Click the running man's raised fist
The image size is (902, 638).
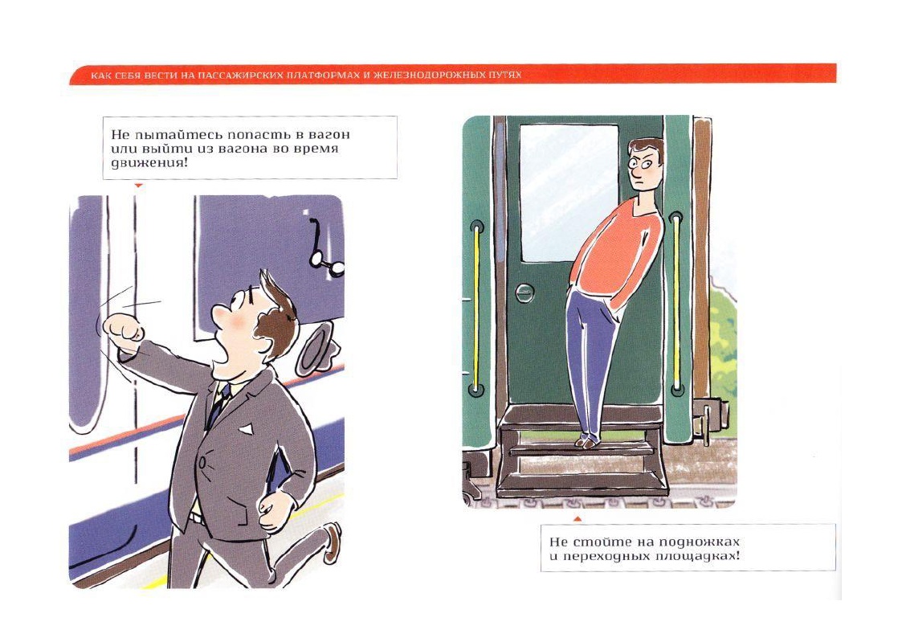pos(124,329)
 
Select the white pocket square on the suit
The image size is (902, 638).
pos(247,428)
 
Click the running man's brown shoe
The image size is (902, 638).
pos(332,542)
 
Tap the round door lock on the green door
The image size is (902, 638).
pos(524,292)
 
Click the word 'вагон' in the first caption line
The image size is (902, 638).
pos(329,135)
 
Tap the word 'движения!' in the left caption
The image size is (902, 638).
pos(149,163)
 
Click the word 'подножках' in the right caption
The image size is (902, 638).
pos(699,542)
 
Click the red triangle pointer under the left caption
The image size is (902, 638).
pos(138,186)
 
